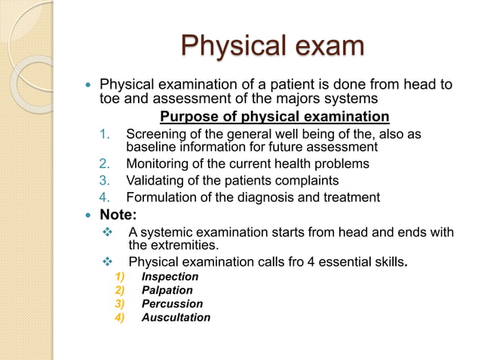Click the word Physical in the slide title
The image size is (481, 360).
225,46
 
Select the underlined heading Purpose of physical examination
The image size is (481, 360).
274,117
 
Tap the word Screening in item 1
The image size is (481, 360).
156,135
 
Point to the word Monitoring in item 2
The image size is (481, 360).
158,163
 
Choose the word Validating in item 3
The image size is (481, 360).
155,181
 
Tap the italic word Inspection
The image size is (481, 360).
170,276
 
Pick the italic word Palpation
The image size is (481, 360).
167,290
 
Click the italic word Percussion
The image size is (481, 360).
172,304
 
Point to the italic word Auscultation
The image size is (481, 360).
176,317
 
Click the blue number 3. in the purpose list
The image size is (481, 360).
106,181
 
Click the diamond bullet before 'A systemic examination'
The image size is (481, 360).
106,233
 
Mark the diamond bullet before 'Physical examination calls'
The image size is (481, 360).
106,262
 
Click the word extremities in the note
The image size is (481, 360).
179,245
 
